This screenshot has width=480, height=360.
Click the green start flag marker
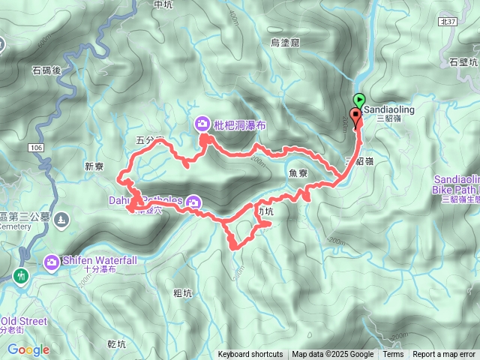(x=359, y=99)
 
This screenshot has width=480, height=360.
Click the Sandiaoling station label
(x=388, y=109)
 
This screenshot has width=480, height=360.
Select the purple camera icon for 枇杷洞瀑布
(x=202, y=124)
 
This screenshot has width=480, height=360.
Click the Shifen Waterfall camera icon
(x=52, y=262)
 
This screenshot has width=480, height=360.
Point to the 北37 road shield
(x=448, y=22)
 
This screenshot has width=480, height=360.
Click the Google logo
(x=28, y=349)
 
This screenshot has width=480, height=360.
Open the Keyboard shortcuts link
(x=250, y=355)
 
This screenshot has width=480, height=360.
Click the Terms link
(x=393, y=355)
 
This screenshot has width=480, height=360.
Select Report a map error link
(x=444, y=355)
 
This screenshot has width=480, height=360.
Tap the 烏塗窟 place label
(x=285, y=43)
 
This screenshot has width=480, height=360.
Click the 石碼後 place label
(x=46, y=71)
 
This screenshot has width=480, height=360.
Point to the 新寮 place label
(x=97, y=167)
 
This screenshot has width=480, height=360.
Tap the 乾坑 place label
(x=118, y=344)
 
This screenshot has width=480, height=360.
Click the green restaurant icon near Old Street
(x=20, y=275)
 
